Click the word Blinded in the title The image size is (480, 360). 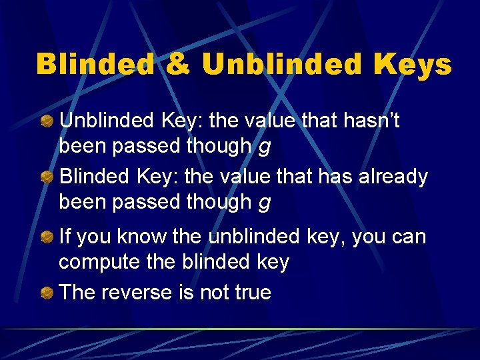pos(94,65)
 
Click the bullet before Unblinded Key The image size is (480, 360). pos(48,121)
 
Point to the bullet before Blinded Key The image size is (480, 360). pos(48,177)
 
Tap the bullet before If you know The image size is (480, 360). pos(48,237)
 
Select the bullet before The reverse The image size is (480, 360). pos(48,293)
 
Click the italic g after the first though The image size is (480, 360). pos(264,147)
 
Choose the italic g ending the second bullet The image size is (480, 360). pos(264,203)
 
